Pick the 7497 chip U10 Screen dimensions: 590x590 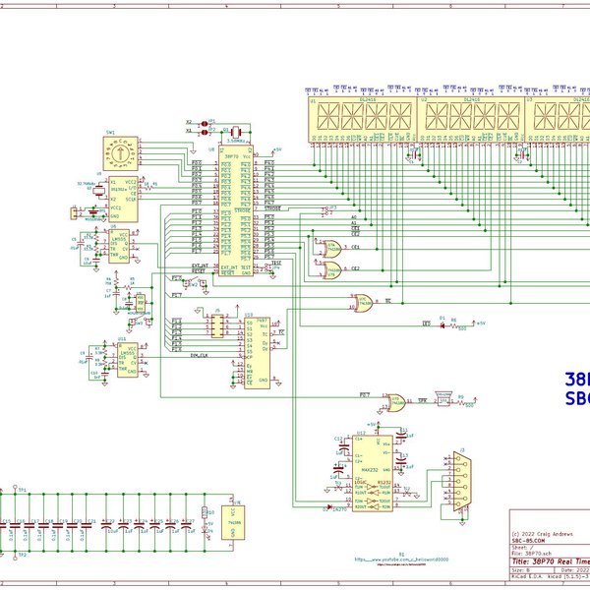[258, 349]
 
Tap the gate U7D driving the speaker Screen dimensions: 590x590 [399, 398]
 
